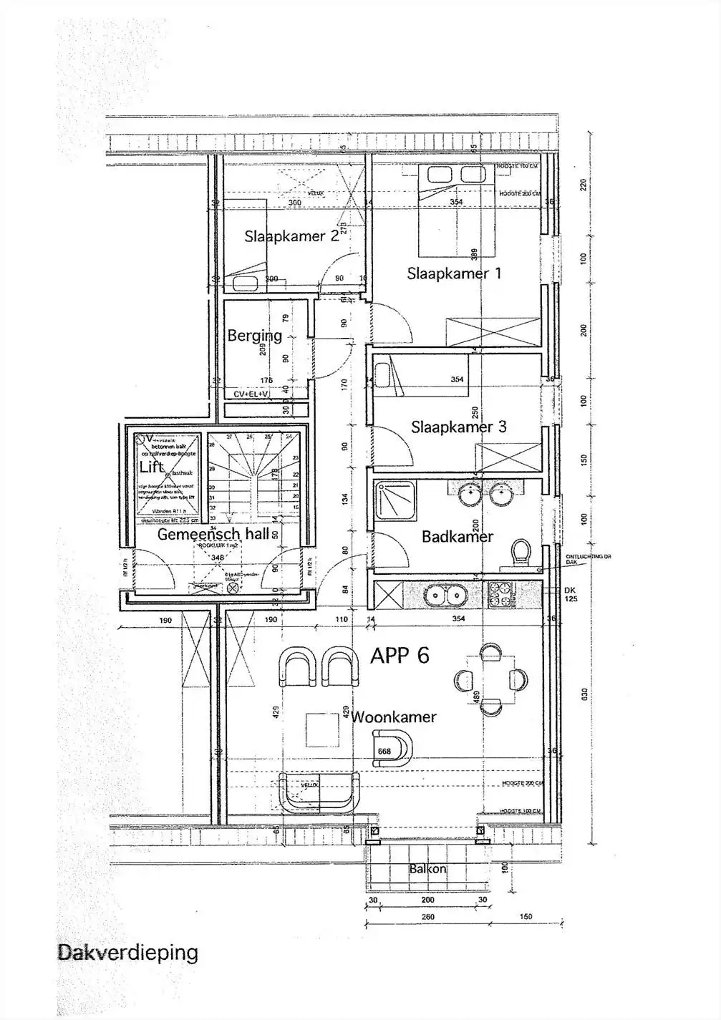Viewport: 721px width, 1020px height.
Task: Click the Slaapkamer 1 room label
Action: (x=454, y=273)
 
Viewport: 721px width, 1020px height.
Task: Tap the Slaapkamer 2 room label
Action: (x=291, y=236)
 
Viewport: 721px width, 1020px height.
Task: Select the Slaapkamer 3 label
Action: (x=458, y=427)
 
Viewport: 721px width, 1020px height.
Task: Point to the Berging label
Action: (x=254, y=335)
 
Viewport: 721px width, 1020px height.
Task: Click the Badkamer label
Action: (x=458, y=536)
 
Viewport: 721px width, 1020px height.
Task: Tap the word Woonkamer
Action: (x=394, y=717)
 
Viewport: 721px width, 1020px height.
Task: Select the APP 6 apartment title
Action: (x=400, y=655)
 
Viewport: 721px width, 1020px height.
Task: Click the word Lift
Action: (x=152, y=467)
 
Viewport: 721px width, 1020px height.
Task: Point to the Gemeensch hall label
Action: (x=213, y=534)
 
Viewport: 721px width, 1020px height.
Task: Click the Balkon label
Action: (x=427, y=869)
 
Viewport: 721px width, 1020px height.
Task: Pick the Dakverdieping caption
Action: (x=127, y=953)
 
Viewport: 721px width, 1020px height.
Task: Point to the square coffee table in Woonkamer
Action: (x=321, y=730)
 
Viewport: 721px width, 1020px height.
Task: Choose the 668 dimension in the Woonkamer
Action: (x=384, y=751)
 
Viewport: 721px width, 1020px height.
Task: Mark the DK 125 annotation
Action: (x=570, y=594)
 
